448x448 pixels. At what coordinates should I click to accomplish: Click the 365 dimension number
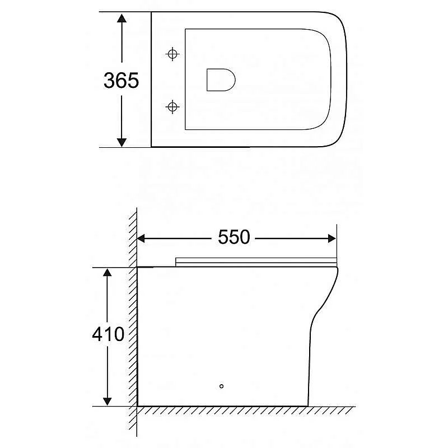coord(121,80)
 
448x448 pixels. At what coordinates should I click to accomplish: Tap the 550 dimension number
coord(234,237)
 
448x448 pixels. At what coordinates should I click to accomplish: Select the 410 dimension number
coord(108,334)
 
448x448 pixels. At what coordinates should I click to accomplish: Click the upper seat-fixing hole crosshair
coord(172,54)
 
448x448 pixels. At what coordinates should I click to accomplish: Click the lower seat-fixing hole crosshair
coord(172,107)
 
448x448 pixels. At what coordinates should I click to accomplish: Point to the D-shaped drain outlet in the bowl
coord(221,80)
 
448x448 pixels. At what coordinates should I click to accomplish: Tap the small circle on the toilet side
coord(221,386)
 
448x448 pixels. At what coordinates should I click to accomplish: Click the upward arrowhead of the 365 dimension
coord(122,18)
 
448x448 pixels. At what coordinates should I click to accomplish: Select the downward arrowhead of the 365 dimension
coord(122,142)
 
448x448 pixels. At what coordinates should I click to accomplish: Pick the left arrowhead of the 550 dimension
coord(141,239)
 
